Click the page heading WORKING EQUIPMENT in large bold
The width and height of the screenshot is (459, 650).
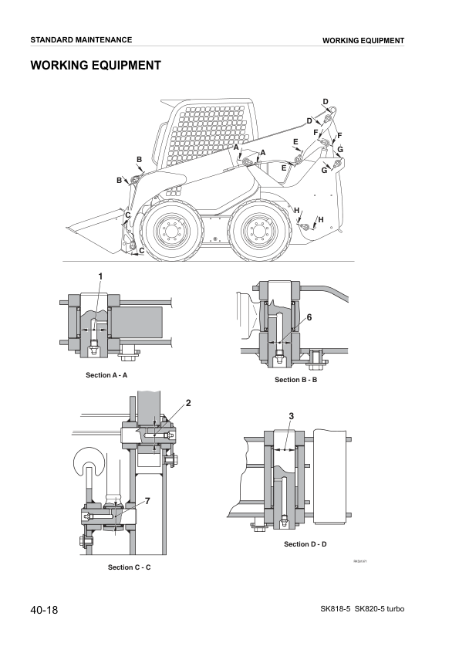(x=96, y=66)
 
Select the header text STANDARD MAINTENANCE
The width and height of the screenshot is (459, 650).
(x=81, y=39)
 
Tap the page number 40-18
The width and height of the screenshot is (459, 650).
(x=45, y=610)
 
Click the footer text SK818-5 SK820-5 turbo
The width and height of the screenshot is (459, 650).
(x=362, y=610)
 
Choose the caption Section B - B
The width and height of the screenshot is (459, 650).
(x=296, y=380)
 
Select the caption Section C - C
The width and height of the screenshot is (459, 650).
(x=129, y=567)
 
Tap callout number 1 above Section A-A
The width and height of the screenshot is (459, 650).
(x=100, y=276)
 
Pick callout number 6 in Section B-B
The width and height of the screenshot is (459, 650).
(x=309, y=317)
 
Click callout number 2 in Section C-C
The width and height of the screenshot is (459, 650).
(x=187, y=403)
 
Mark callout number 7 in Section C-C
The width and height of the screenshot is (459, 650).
(x=147, y=501)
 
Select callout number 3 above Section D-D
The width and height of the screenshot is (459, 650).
(x=291, y=417)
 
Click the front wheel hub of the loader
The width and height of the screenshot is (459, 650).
(x=170, y=231)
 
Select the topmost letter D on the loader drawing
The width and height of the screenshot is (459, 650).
(x=326, y=102)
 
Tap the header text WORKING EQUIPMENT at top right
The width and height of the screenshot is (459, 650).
(x=363, y=40)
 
